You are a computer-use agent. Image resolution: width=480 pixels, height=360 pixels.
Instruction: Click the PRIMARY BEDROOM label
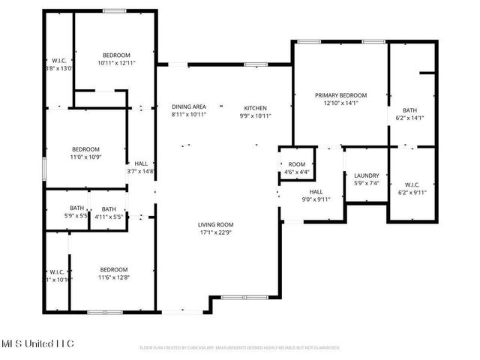tap(340, 95)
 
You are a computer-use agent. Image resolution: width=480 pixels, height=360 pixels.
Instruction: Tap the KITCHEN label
tap(255, 108)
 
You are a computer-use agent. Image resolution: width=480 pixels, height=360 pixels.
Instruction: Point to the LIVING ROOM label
tap(216, 224)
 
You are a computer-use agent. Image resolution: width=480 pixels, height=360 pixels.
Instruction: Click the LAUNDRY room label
tap(367, 175)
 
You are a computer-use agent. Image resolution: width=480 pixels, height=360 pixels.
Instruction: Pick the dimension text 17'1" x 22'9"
tap(216, 232)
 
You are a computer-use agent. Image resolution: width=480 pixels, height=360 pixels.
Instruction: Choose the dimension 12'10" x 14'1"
tap(340, 103)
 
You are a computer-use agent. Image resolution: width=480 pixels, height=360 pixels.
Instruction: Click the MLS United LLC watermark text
tap(37, 343)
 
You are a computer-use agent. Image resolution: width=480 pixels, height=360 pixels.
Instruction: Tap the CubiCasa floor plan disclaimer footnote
tap(240, 348)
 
